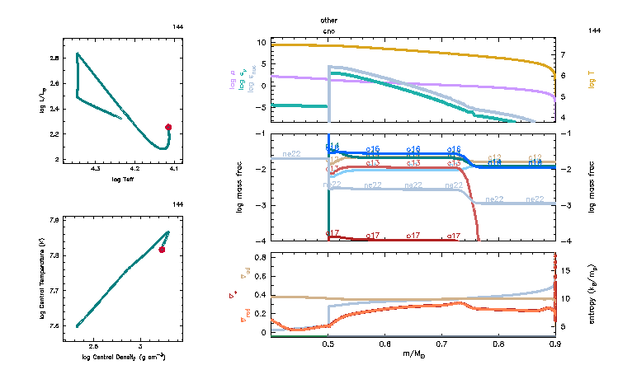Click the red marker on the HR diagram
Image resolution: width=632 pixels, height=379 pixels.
click(168, 127)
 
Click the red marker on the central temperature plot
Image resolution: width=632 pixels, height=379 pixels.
click(162, 250)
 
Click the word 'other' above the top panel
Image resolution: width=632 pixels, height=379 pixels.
click(329, 20)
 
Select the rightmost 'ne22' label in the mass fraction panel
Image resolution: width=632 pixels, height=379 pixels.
click(535, 199)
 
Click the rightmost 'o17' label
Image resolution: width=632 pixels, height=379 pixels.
click(453, 236)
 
